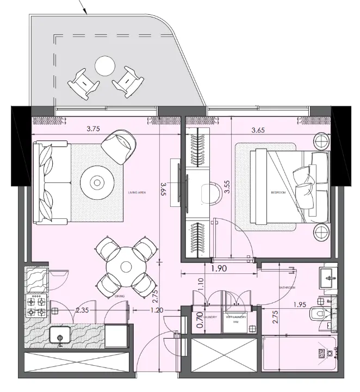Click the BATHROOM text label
287,287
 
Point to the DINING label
120,296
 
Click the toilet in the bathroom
318,315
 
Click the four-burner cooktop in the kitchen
36,307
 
